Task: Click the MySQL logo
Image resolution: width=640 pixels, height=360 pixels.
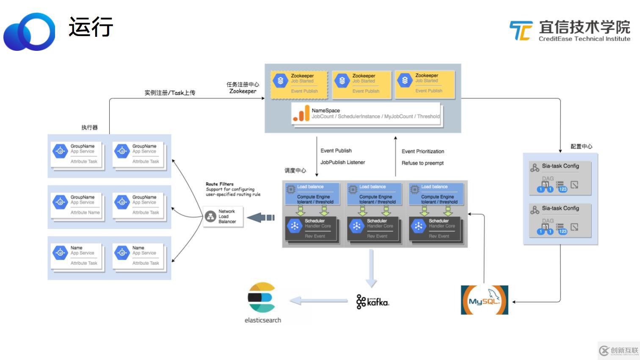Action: pos(484,300)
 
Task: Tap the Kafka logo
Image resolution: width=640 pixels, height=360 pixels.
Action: pos(372,302)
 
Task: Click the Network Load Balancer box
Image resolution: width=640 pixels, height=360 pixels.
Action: pos(223,216)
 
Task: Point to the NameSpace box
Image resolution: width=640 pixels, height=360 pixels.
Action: pos(367,114)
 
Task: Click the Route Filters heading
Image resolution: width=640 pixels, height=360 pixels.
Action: pos(220,184)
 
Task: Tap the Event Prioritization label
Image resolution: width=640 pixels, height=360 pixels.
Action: pos(423,151)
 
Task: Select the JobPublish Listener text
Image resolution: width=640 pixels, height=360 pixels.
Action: pos(342,162)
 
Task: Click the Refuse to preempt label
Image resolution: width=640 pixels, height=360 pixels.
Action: pos(422,163)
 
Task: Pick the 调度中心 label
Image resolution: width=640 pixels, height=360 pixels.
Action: pos(295,170)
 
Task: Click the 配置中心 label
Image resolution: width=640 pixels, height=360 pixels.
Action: pos(581,147)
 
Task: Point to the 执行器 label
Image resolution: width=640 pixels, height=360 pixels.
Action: pos(89,127)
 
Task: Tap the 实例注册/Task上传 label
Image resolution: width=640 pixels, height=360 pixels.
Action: pos(170,93)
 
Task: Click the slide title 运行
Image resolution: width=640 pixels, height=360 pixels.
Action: pos(91,27)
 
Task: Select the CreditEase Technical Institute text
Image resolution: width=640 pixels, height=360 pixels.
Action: pos(584,39)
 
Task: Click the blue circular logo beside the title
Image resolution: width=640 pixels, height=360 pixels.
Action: pos(30,32)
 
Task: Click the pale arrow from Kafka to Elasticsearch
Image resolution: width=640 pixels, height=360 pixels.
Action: pos(318,301)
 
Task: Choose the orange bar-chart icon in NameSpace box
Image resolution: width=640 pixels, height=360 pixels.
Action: pos(301,114)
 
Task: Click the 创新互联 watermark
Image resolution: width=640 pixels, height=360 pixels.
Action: pos(618,350)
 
